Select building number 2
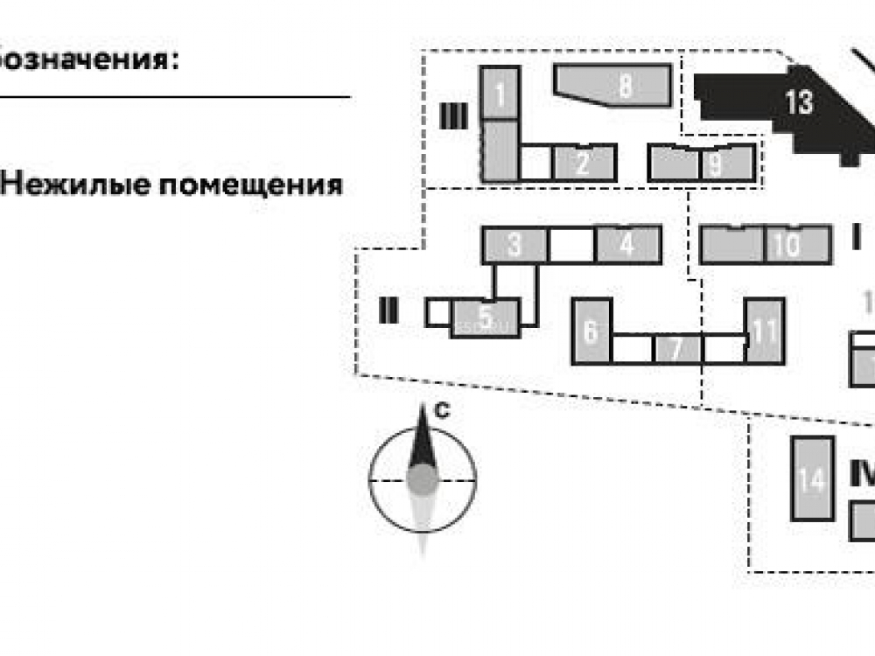click(x=584, y=164)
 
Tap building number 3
click(x=515, y=245)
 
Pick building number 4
click(x=626, y=245)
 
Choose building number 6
click(x=591, y=331)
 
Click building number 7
click(x=676, y=349)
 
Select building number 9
click(x=716, y=164)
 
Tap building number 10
click(x=787, y=244)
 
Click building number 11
click(x=765, y=331)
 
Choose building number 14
click(x=812, y=479)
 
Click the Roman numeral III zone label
click(x=452, y=116)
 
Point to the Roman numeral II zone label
click(x=388, y=310)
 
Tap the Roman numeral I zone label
click(x=856, y=238)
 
